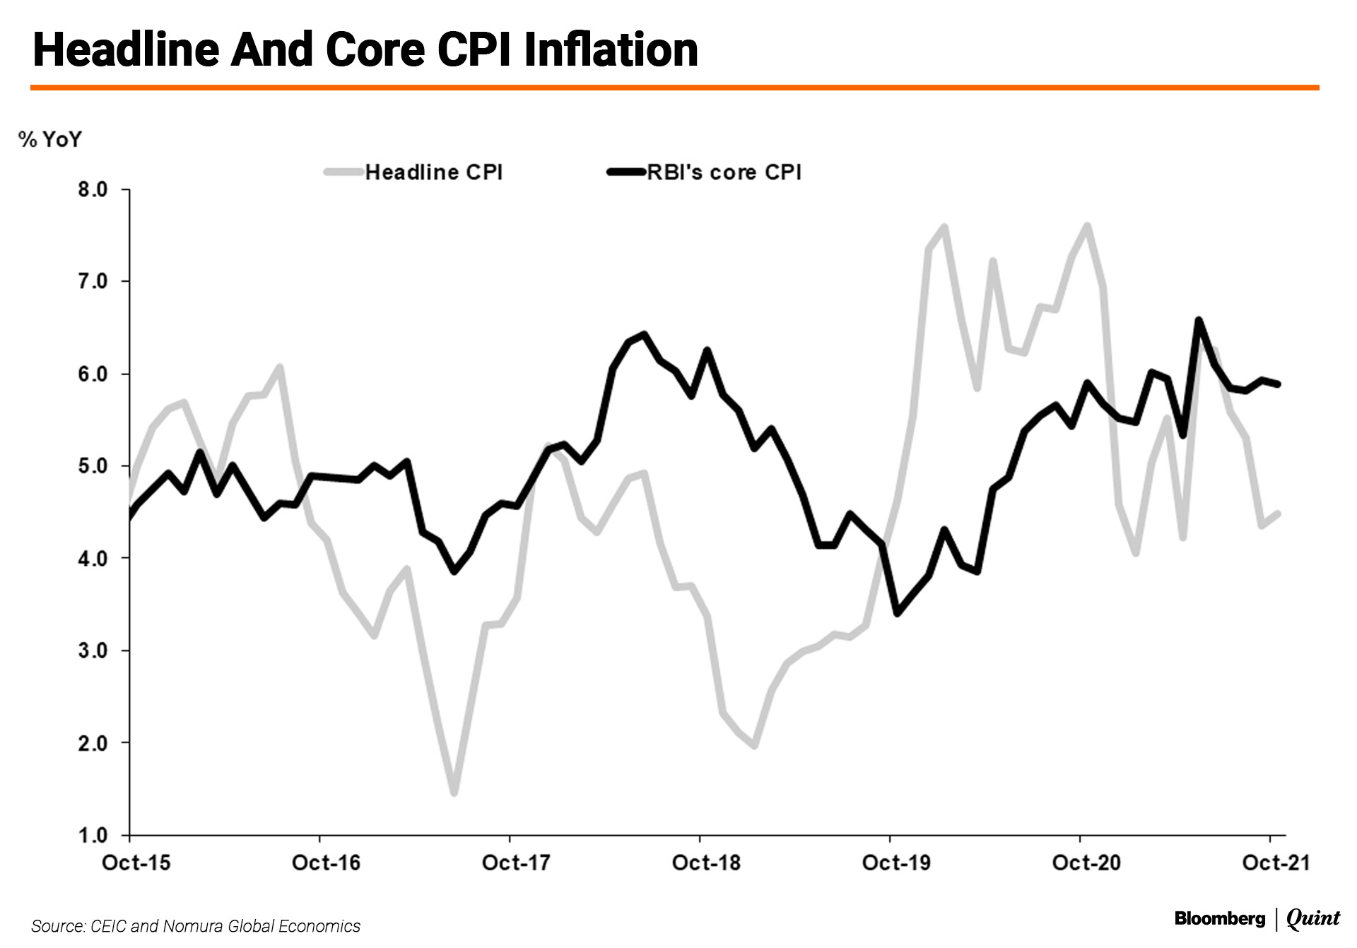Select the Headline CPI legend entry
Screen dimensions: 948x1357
433,172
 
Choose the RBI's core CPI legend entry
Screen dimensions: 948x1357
724,172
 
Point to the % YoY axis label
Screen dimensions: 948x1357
50,139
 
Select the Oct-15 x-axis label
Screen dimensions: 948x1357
136,863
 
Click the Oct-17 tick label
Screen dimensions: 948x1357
516,863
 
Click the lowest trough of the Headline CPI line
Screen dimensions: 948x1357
454,793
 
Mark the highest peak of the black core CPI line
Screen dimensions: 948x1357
1199,320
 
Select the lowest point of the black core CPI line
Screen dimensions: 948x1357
897,613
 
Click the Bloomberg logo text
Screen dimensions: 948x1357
1219,918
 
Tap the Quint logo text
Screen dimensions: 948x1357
1312,918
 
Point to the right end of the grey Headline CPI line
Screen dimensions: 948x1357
1278,514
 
